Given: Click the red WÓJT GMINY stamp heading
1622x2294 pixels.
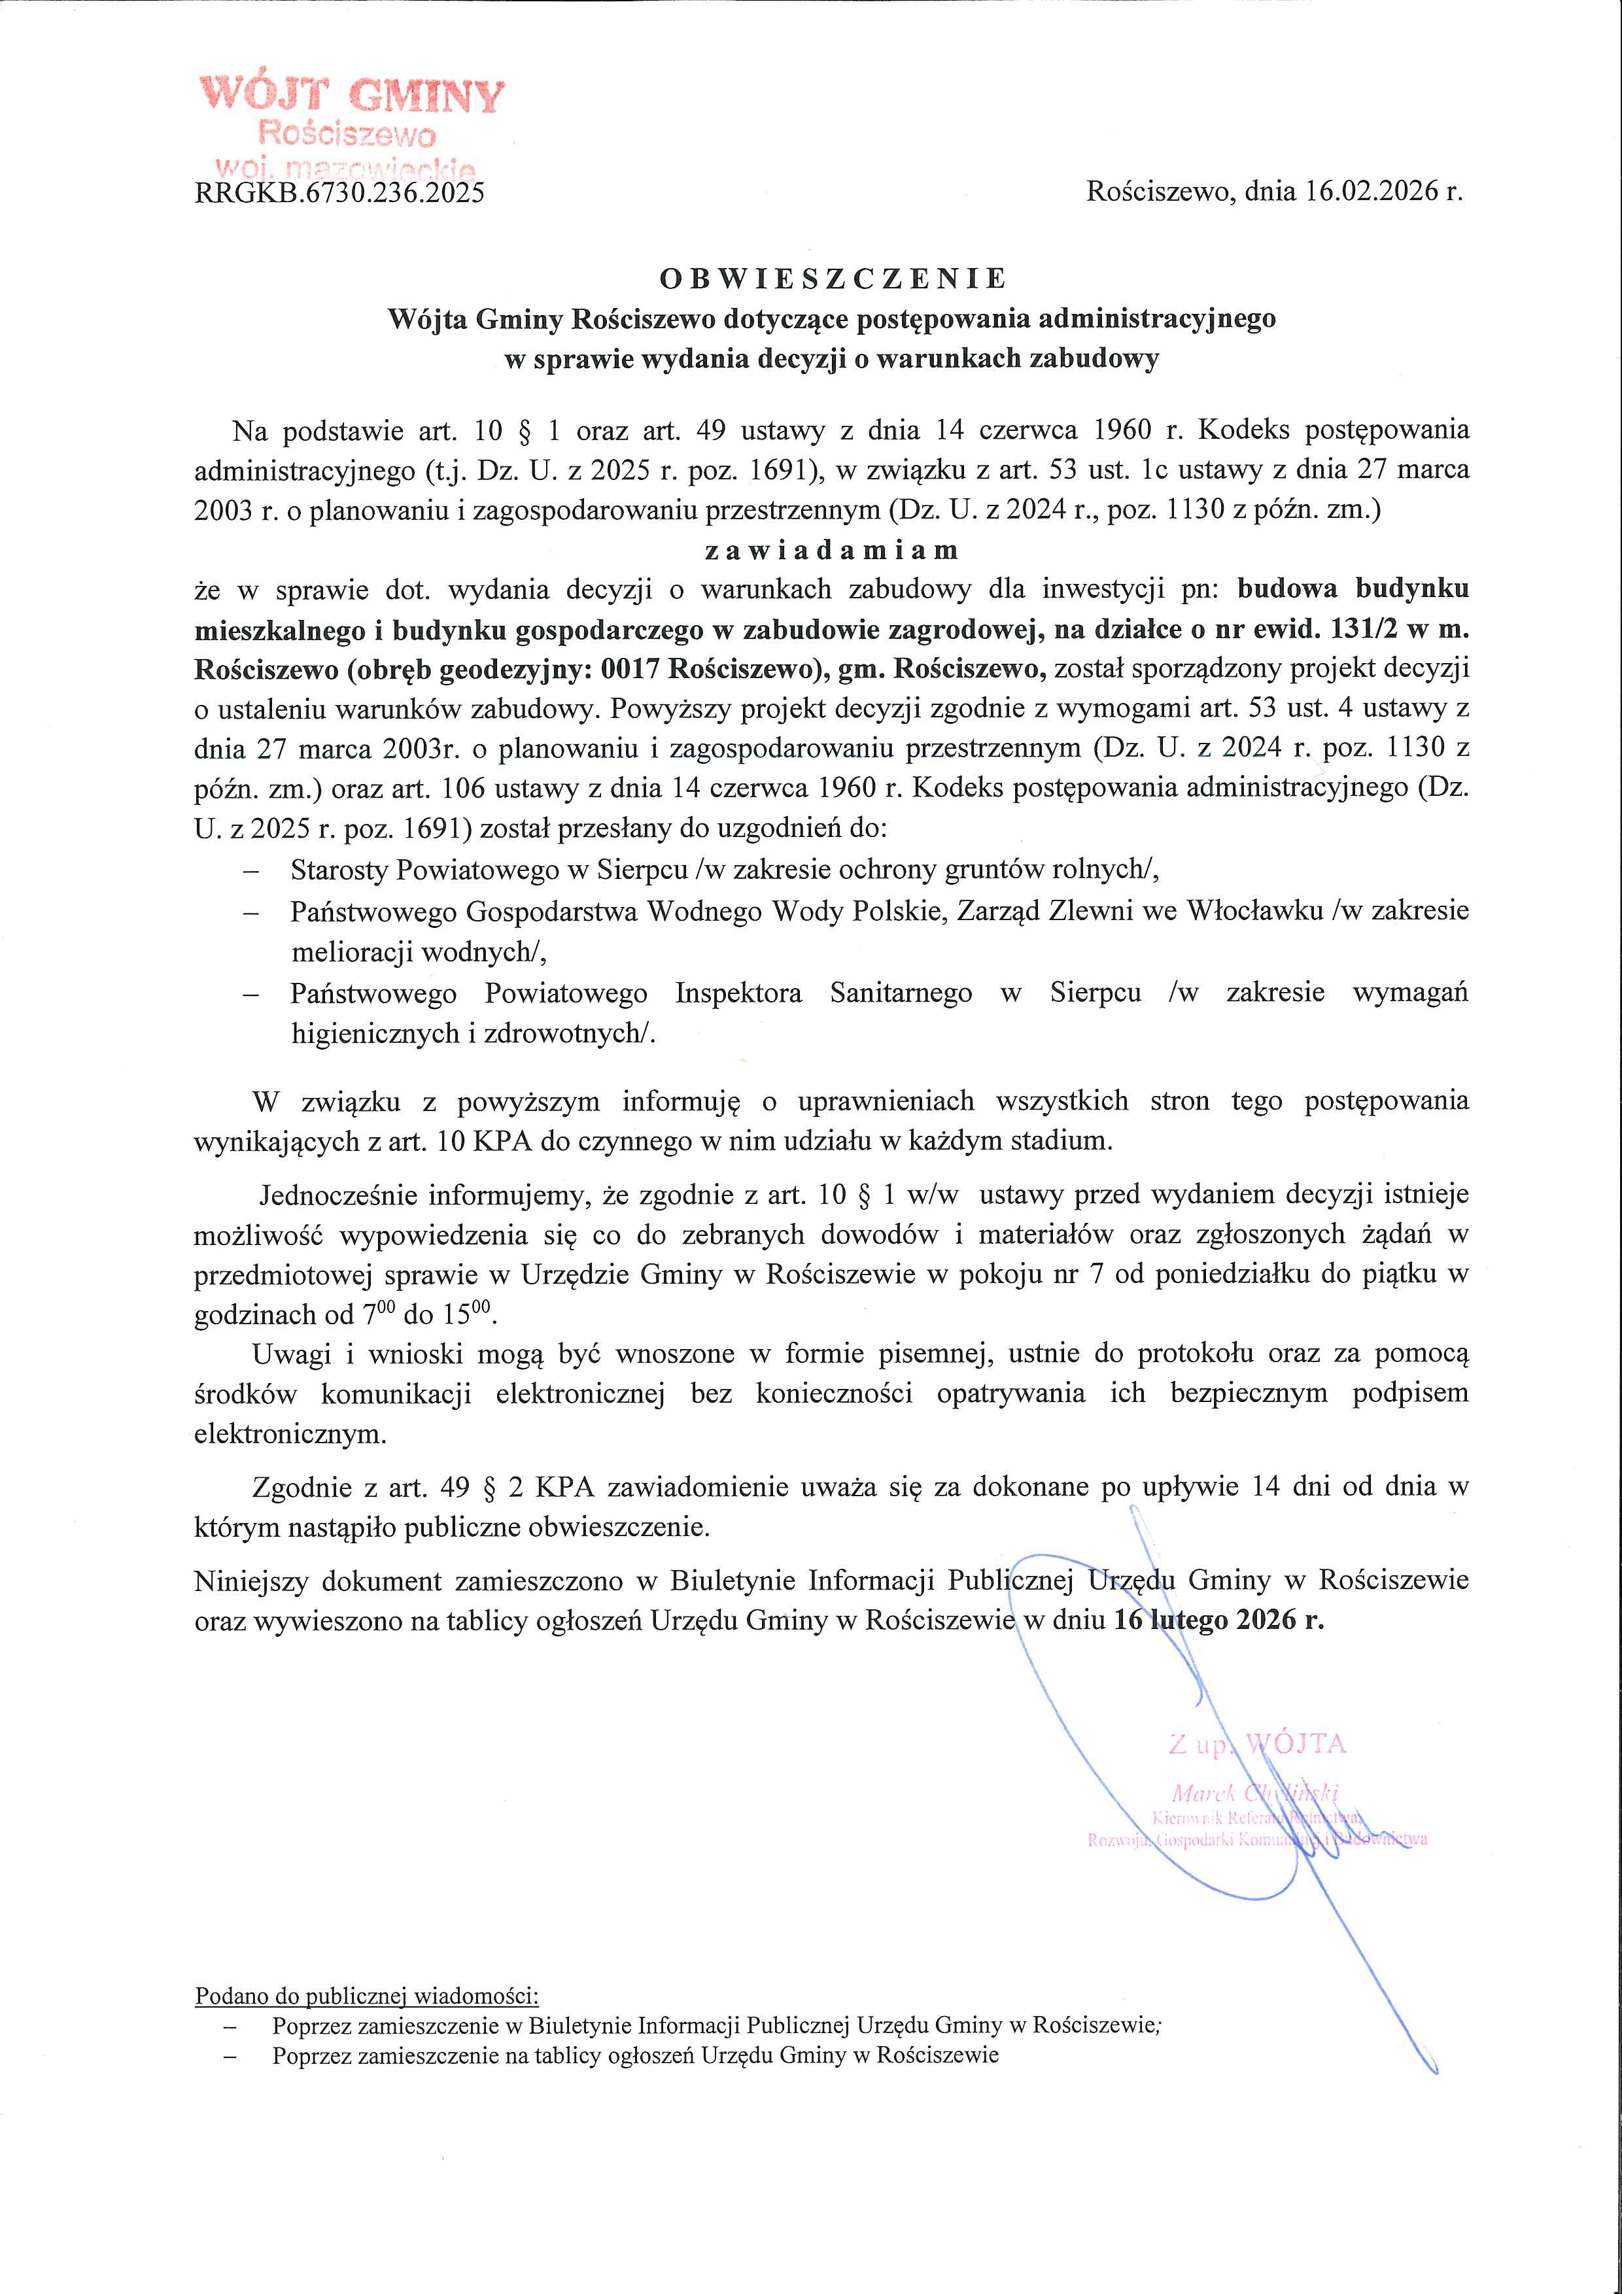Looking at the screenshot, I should (x=352, y=96).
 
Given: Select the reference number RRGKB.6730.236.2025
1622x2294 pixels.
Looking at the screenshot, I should (x=340, y=192).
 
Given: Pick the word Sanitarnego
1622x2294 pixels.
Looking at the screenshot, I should (x=901, y=993).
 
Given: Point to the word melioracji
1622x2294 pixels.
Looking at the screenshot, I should (x=353, y=952).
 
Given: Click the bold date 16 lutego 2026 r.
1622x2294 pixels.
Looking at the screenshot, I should (x=1218, y=1620).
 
